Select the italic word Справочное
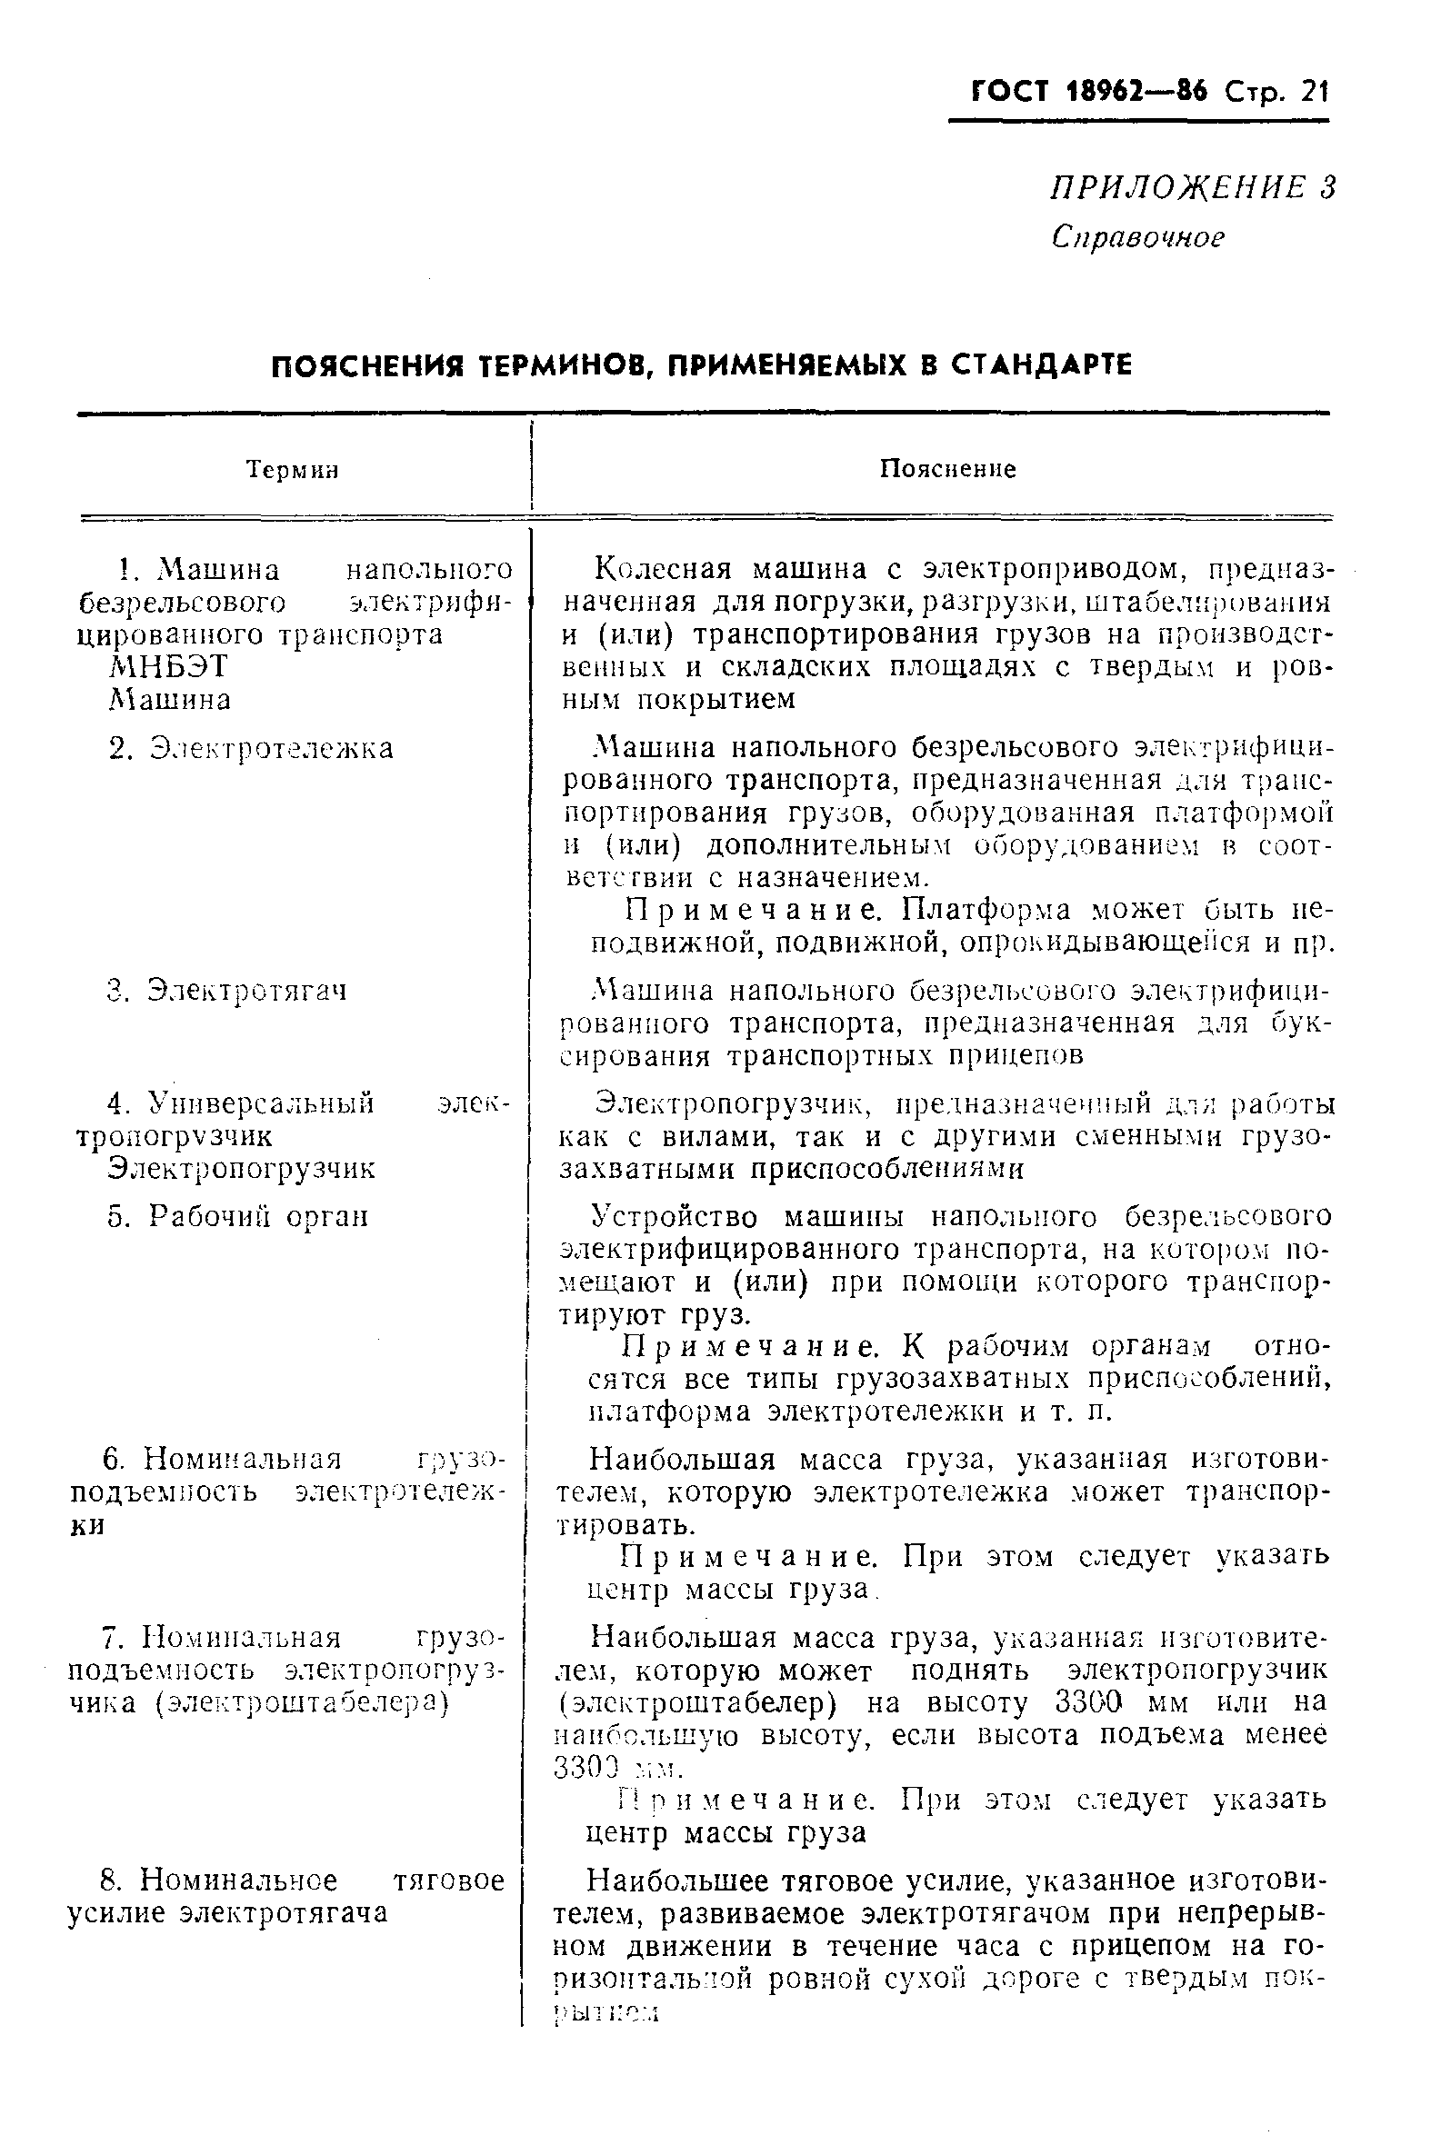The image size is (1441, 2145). pos(1137,237)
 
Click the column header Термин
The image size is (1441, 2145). pos(293,470)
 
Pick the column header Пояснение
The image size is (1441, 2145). pos(947,469)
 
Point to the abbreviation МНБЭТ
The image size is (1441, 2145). pos(168,667)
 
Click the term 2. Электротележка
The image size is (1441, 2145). pos(251,749)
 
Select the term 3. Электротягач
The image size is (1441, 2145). pos(227,992)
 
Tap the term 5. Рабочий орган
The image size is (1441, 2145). pos(238,1216)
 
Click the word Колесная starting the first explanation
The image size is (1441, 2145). pos(664,570)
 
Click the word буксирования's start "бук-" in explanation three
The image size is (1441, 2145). pos(1303,1023)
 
